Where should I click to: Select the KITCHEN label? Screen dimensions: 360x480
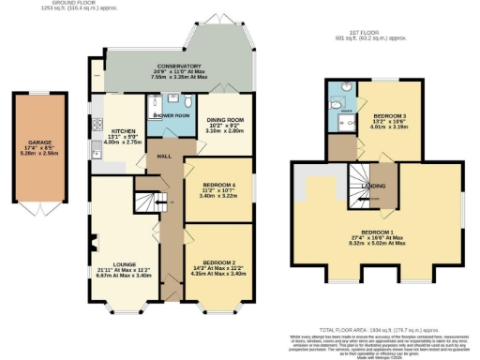pos(125,131)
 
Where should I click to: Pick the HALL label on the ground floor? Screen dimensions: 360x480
pos(162,157)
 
